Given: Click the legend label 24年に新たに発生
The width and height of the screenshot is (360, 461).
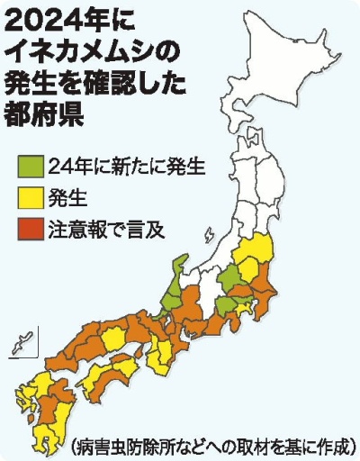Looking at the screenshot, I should [127, 167].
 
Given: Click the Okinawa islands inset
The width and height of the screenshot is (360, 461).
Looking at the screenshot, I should [20, 344].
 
